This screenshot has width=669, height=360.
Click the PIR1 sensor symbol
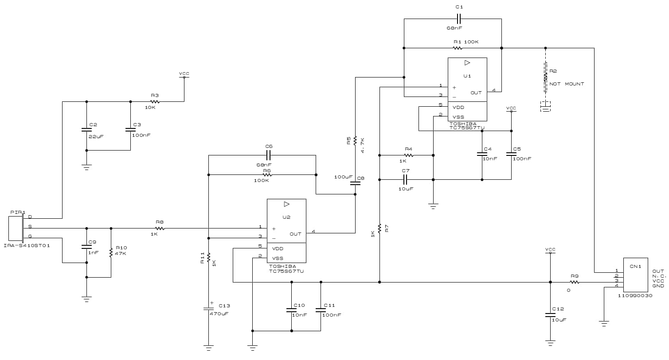[16, 228]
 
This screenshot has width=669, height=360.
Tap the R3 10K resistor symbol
[154, 101]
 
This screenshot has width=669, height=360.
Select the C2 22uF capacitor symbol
[86, 130]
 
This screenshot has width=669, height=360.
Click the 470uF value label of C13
[219, 314]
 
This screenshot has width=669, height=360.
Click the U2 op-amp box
[286, 230]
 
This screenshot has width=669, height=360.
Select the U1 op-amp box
[467, 89]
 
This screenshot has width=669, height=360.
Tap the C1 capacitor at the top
[459, 19]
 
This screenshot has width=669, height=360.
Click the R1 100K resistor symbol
[457, 48]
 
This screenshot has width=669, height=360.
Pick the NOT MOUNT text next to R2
[567, 84]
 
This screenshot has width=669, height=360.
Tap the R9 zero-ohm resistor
[574, 282]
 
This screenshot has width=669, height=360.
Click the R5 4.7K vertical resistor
[355, 140]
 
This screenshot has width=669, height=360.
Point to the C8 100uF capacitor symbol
[355, 182]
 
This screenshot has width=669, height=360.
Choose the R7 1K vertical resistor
[379, 229]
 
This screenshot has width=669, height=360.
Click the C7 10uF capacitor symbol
[405, 179]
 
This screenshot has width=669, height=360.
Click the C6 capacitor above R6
[268, 155]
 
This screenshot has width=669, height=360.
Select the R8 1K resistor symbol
[160, 228]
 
